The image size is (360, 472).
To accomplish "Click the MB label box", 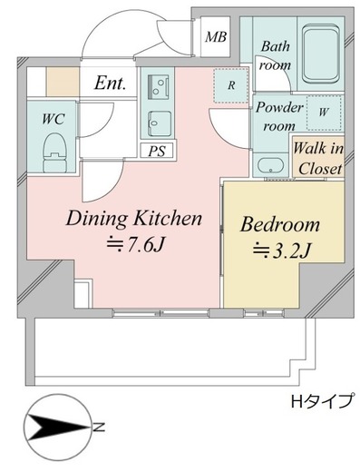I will point(216,37).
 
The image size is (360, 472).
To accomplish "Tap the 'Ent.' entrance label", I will point(109,83).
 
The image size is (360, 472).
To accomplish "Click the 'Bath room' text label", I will point(274,55).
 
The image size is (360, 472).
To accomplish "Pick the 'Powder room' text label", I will point(277,116).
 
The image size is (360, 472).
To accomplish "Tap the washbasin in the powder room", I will point(269,165).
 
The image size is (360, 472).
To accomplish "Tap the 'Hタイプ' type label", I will point(320,400).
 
